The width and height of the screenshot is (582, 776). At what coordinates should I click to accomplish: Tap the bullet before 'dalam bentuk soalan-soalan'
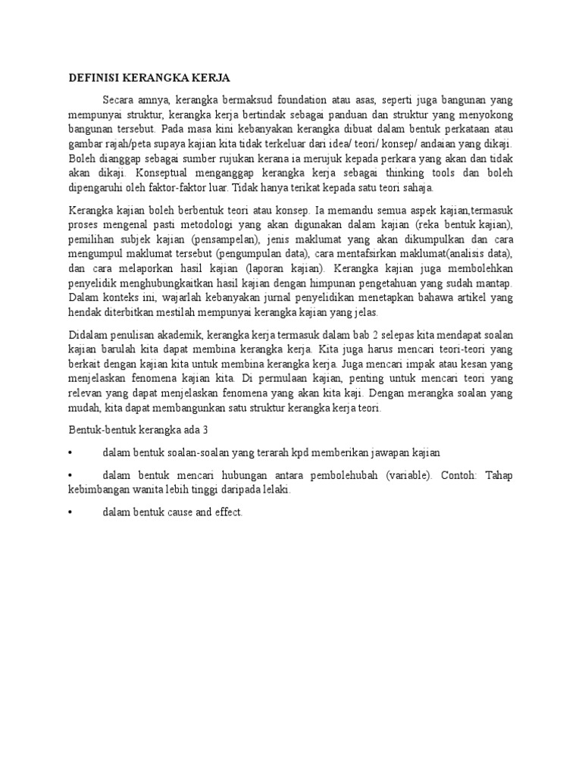tap(70, 452)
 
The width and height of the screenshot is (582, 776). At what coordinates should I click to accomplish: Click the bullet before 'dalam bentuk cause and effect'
tap(70, 513)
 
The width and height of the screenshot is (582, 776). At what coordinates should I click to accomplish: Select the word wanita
tap(155, 490)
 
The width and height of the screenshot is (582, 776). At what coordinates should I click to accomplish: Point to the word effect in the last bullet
tap(225, 513)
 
